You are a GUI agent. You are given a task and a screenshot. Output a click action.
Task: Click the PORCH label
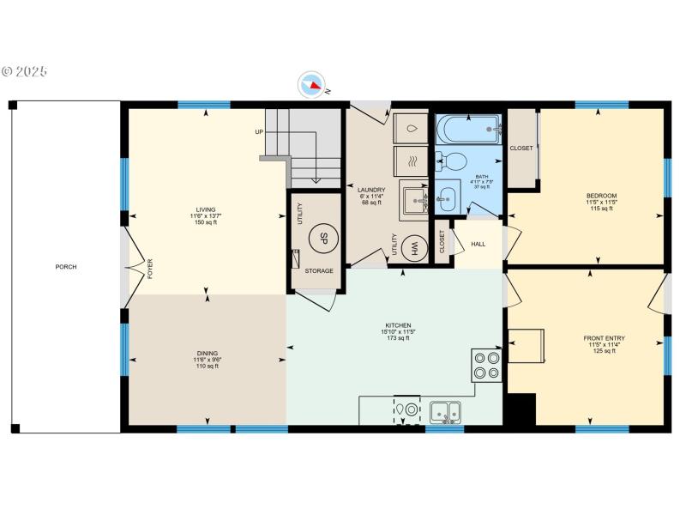click(66, 267)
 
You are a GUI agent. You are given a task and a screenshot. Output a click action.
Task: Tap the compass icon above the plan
click(312, 85)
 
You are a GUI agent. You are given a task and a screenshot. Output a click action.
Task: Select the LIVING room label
click(206, 209)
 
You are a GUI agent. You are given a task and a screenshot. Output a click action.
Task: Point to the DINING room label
click(207, 353)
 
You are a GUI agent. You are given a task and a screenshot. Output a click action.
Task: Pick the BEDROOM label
click(601, 196)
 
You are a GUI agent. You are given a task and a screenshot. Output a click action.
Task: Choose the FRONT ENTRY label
click(604, 338)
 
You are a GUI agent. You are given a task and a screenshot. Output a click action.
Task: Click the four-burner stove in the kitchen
click(486, 365)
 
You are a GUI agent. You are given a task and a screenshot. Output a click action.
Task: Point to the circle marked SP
click(325, 238)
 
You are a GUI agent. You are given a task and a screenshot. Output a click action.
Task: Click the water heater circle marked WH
click(413, 248)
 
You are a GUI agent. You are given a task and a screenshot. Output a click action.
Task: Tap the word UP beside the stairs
click(258, 131)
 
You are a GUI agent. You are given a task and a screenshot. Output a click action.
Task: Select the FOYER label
click(149, 269)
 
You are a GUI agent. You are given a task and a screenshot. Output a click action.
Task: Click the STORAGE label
click(319, 271)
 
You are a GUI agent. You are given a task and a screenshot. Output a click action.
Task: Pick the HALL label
click(478, 244)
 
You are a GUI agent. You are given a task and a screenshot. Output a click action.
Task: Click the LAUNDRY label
click(371, 190)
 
